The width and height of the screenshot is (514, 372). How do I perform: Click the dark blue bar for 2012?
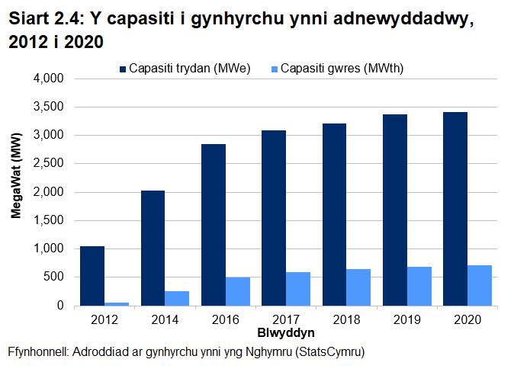tap(92, 276)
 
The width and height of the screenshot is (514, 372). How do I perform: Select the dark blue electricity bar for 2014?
tap(153, 248)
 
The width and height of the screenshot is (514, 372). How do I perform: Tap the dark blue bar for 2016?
tap(213, 225)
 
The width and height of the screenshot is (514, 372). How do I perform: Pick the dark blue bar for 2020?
tap(455, 209)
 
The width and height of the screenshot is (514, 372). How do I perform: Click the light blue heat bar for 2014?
tap(177, 298)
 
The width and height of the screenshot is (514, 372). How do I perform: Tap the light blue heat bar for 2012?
tap(117, 303)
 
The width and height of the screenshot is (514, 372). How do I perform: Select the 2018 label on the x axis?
tap(346, 320)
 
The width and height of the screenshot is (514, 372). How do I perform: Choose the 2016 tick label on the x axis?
tap(225, 320)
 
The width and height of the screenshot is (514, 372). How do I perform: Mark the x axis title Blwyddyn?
tap(286, 334)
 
